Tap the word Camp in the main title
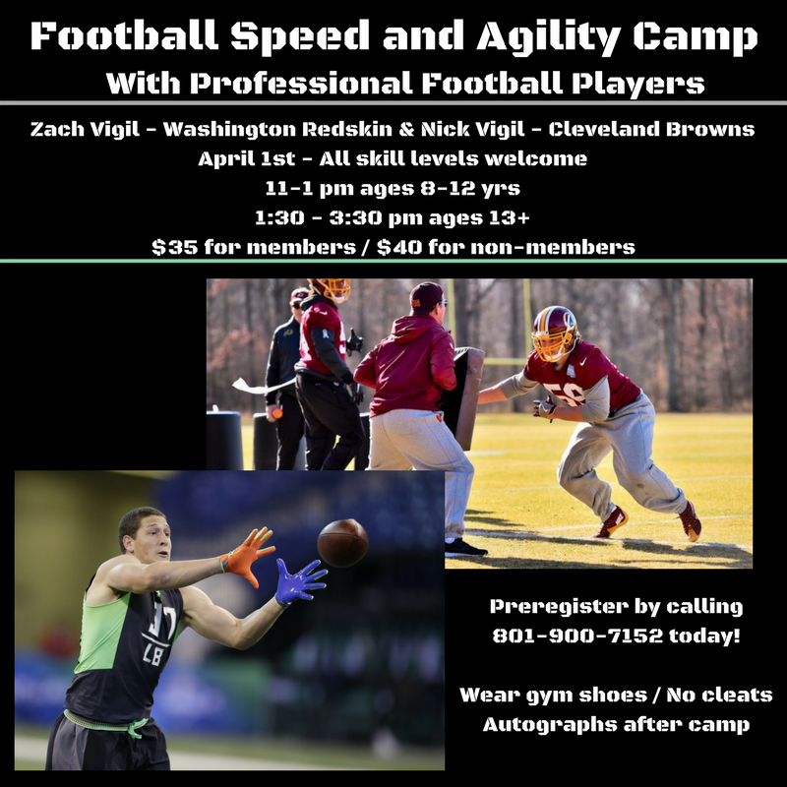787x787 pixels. click(696, 36)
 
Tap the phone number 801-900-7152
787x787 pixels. click(577, 636)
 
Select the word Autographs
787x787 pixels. click(550, 725)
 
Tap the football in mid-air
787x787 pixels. click(342, 543)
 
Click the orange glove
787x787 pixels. click(248, 555)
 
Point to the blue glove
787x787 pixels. click(300, 582)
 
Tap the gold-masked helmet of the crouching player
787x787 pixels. click(555, 333)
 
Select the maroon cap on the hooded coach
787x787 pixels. click(427, 296)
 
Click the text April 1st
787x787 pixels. click(247, 158)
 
